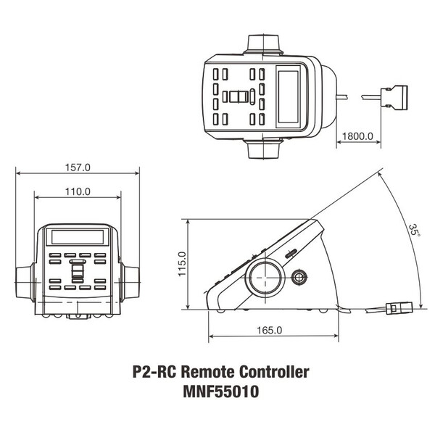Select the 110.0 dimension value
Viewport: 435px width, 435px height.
(78, 192)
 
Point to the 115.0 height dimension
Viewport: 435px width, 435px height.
(182, 264)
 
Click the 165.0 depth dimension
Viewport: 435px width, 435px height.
(268, 331)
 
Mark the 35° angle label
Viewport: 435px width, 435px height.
(413, 231)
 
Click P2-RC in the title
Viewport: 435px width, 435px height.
(154, 372)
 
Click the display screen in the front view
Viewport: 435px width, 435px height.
(78, 236)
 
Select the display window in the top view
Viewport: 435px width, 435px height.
(291, 95)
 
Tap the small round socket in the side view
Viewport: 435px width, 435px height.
(299, 277)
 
